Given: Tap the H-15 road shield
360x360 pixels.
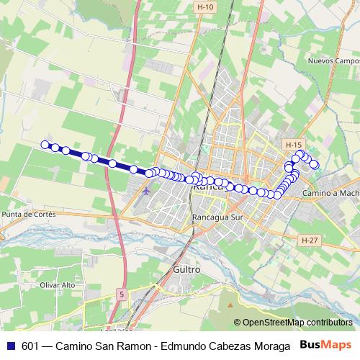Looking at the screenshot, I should tap(292, 144).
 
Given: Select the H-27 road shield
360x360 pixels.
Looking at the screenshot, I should tap(310, 240).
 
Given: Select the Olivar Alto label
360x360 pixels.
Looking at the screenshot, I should tap(59, 284).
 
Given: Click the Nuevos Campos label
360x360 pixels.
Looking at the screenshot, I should tap(333, 61).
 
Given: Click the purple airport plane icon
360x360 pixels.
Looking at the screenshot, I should tap(147, 192).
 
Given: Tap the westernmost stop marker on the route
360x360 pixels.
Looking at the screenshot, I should tap(45, 145).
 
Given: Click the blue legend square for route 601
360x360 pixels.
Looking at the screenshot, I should tap(9, 346).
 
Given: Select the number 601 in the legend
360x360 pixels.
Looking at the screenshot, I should tap(30, 346).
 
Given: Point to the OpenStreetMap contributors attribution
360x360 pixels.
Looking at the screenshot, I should tap(296, 322).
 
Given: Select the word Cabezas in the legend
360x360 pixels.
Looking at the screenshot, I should tap(228, 346).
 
